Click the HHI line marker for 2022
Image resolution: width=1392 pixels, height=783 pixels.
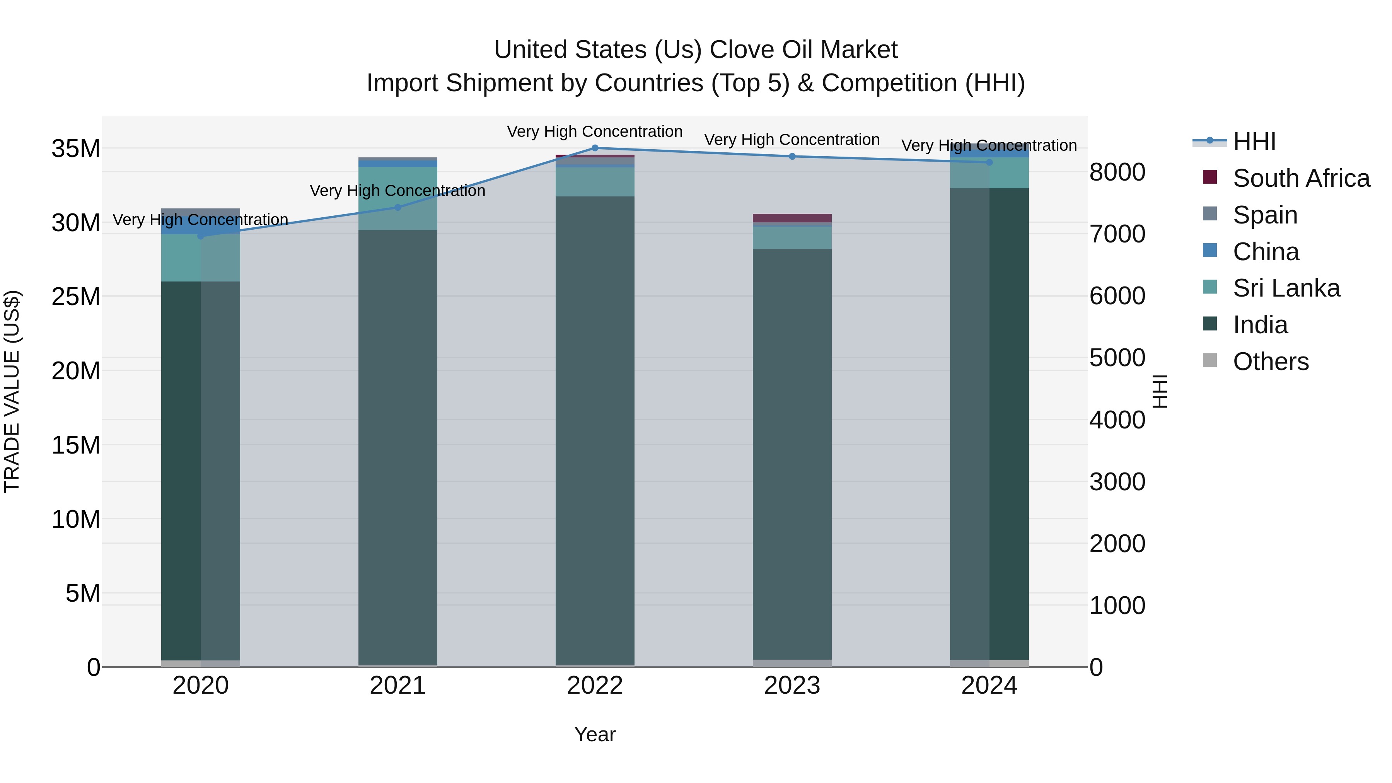(595, 148)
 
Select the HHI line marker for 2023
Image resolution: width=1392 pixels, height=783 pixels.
(792, 157)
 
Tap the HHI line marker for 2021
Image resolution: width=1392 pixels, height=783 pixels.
(398, 208)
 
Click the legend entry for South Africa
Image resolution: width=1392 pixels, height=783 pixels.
(1301, 178)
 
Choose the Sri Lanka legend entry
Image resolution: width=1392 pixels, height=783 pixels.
(1286, 288)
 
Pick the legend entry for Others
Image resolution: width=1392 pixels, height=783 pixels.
(1271, 362)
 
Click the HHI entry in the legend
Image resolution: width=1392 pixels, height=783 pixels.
(1254, 142)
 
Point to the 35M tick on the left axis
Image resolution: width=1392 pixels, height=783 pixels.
(76, 148)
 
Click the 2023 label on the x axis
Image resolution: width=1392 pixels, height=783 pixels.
(792, 686)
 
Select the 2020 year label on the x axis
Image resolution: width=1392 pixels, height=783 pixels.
(200, 686)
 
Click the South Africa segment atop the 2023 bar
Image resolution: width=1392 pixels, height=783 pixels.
(792, 218)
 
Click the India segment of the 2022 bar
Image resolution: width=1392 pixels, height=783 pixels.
(595, 432)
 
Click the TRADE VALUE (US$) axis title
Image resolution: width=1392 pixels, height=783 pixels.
(12, 391)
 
